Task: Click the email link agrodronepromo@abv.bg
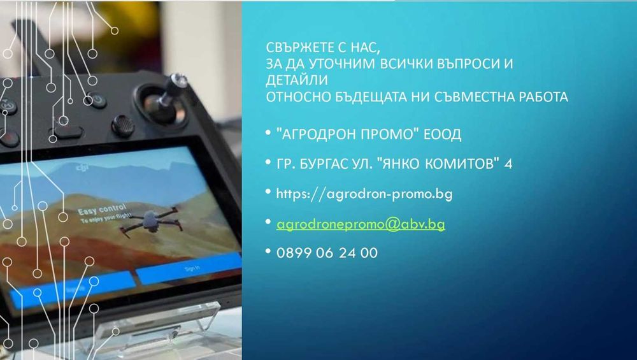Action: click(360, 224)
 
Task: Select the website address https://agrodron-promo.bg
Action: click(364, 194)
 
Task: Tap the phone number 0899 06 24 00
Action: click(327, 253)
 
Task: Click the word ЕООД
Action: click(445, 135)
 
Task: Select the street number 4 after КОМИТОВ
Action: click(508, 164)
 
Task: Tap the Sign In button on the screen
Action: click(192, 268)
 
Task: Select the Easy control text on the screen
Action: click(102, 210)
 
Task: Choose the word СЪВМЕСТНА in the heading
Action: click(458, 97)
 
